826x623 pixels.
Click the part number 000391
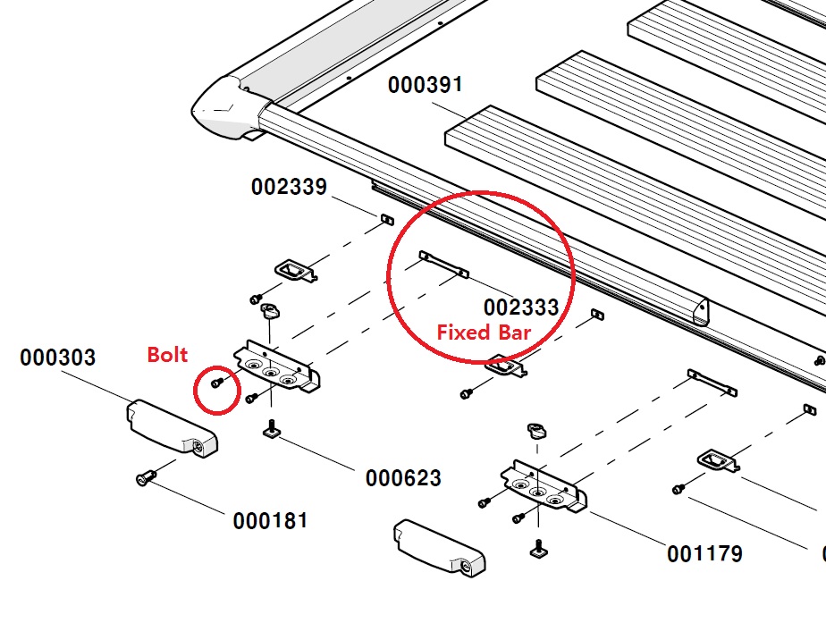(426, 85)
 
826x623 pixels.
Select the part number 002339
(289, 187)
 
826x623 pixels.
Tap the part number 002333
(521, 307)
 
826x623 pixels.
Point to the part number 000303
(57, 358)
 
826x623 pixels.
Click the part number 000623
(403, 478)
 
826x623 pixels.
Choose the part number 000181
(270, 521)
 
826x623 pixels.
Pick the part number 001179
(704, 554)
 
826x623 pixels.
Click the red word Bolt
(167, 355)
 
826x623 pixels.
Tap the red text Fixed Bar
(484, 333)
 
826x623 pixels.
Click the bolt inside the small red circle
(216, 383)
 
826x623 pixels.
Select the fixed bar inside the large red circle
(443, 264)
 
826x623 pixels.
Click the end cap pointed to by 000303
(173, 428)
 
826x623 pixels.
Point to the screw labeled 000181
(145, 477)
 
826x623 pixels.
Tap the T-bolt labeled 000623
(272, 428)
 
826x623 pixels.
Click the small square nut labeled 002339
(387, 219)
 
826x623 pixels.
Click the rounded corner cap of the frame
(226, 108)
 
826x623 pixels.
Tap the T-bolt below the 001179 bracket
(539, 548)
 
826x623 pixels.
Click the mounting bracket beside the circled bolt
(277, 367)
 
